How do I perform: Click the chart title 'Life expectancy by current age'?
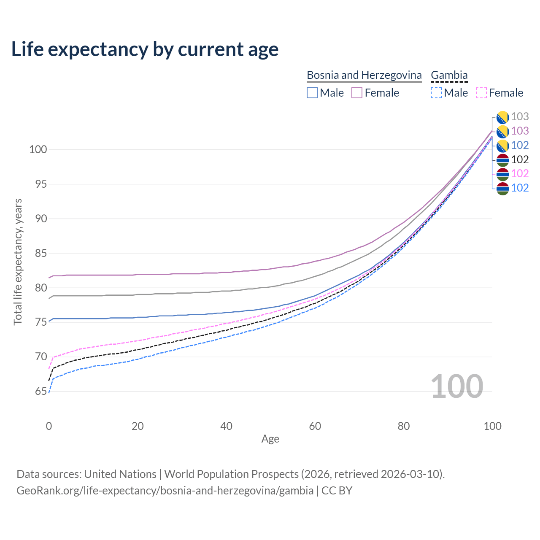[x=145, y=49]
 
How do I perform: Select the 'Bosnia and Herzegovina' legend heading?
[x=364, y=75]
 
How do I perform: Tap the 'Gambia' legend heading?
[x=449, y=75]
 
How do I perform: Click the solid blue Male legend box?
[x=312, y=93]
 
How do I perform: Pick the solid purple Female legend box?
[x=357, y=93]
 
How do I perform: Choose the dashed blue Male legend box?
[x=436, y=93]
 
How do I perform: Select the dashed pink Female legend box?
[x=481, y=93]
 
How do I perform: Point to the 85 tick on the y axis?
[x=38, y=254]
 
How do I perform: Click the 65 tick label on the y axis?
[x=38, y=391]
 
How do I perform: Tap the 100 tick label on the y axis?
[x=38, y=150]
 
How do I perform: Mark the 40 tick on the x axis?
[x=226, y=426]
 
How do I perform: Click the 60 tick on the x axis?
[x=315, y=426]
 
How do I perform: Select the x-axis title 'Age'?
[x=270, y=439]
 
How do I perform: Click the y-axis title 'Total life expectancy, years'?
[x=18, y=262]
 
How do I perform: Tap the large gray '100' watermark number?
[x=456, y=386]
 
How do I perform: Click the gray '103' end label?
[x=520, y=117]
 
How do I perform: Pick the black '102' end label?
[x=520, y=159]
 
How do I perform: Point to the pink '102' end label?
[x=520, y=173]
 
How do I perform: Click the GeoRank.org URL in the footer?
[x=165, y=491]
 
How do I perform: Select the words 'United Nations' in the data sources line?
[x=120, y=474]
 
